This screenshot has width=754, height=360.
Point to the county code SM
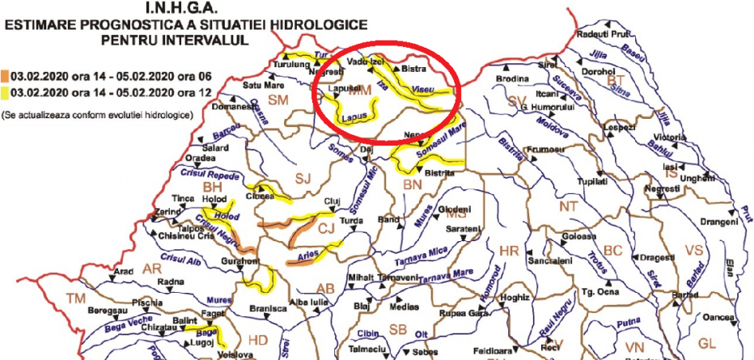pyautogui.click(x=278, y=100)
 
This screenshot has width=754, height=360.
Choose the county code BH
pyautogui.click(x=212, y=187)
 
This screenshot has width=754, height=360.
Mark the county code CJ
pyautogui.click(x=326, y=230)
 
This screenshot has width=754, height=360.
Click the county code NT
pyautogui.click(x=570, y=207)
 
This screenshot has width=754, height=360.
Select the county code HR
pyautogui.click(x=509, y=251)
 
